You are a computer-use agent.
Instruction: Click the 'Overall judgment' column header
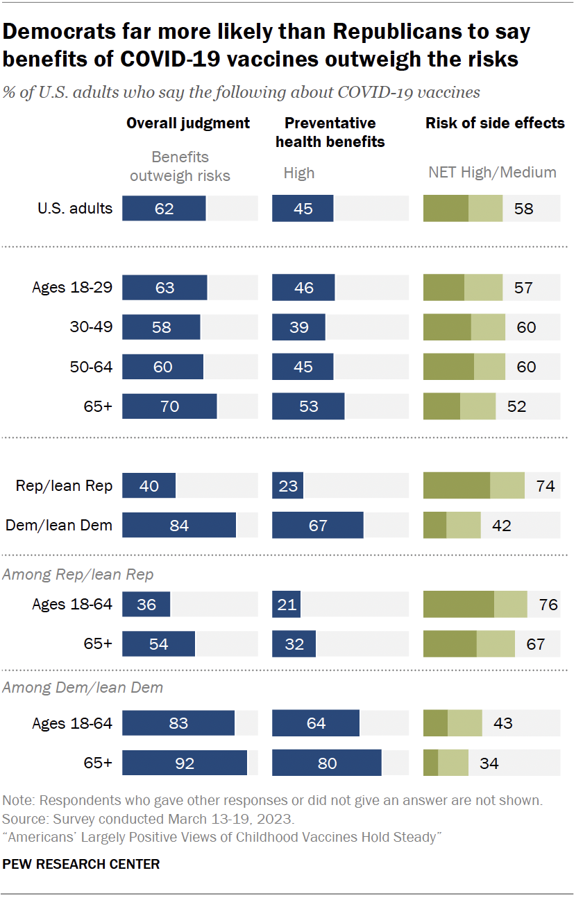(187, 123)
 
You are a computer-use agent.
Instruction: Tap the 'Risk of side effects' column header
(495, 123)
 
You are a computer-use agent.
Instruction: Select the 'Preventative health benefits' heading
(330, 132)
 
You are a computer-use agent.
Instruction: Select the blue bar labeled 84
(179, 526)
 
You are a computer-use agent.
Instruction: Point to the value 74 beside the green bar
(545, 486)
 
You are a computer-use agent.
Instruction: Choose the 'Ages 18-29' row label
(72, 288)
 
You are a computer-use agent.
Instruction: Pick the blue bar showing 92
(185, 763)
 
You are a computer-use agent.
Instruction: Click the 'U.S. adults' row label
(76, 208)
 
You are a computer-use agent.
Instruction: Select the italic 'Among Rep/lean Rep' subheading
(78, 575)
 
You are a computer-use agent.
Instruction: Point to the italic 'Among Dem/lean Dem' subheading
(83, 688)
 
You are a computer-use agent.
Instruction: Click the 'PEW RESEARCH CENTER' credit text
(81, 865)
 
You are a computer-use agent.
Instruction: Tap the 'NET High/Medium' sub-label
(492, 173)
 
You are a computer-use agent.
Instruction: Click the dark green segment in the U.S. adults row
(446, 208)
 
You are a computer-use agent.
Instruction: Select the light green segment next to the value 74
(507, 486)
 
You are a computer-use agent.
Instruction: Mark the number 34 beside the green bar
(489, 763)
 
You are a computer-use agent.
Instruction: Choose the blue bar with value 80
(327, 763)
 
